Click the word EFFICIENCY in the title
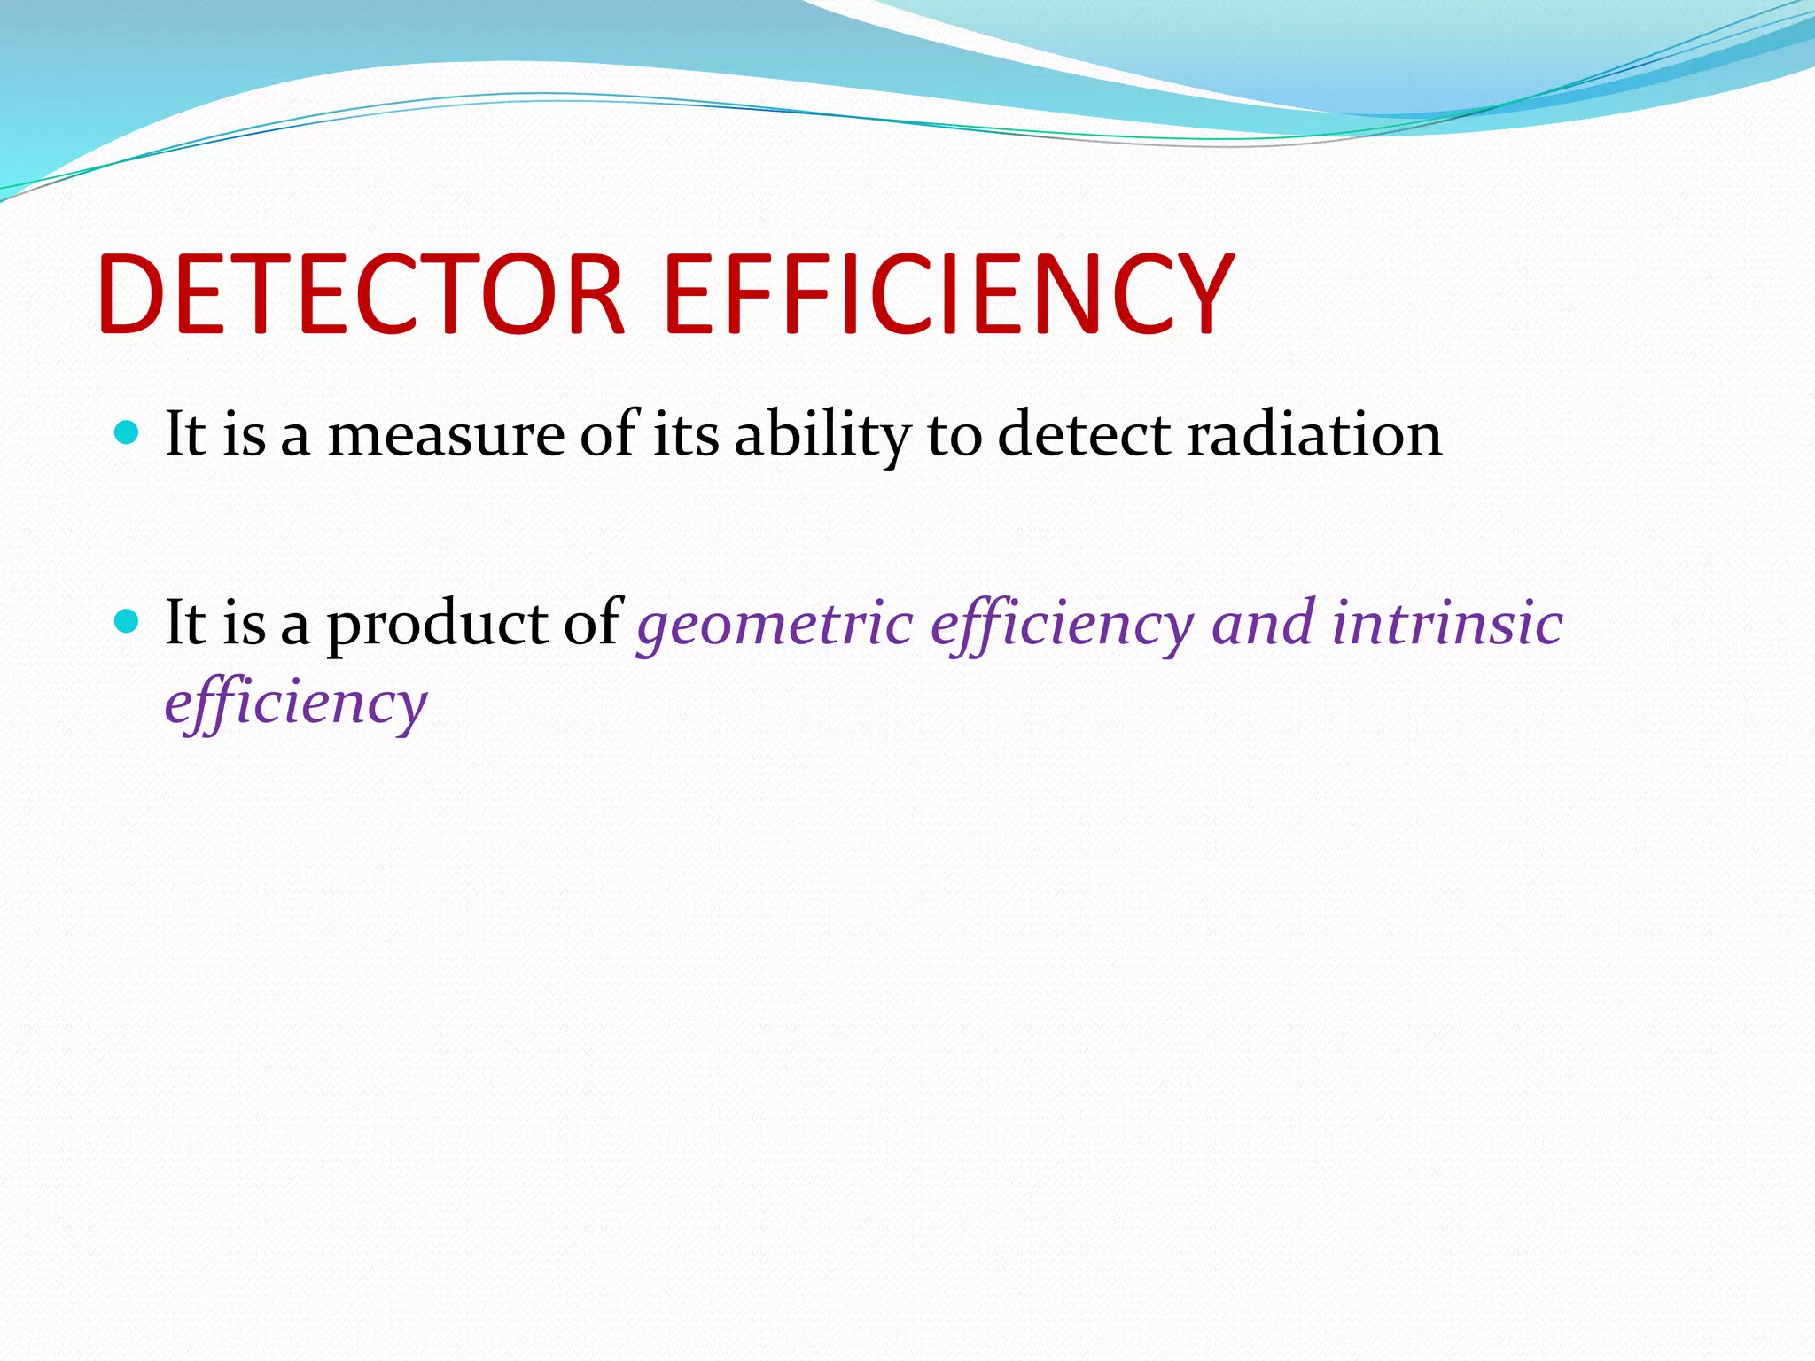(x=948, y=295)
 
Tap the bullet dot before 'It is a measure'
(x=128, y=433)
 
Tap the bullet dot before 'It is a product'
(x=128, y=621)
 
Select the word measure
(x=446, y=436)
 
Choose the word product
(x=438, y=626)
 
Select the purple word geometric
(x=775, y=626)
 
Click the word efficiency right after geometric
(x=1062, y=626)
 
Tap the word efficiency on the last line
(x=296, y=704)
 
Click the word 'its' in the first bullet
(x=686, y=436)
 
